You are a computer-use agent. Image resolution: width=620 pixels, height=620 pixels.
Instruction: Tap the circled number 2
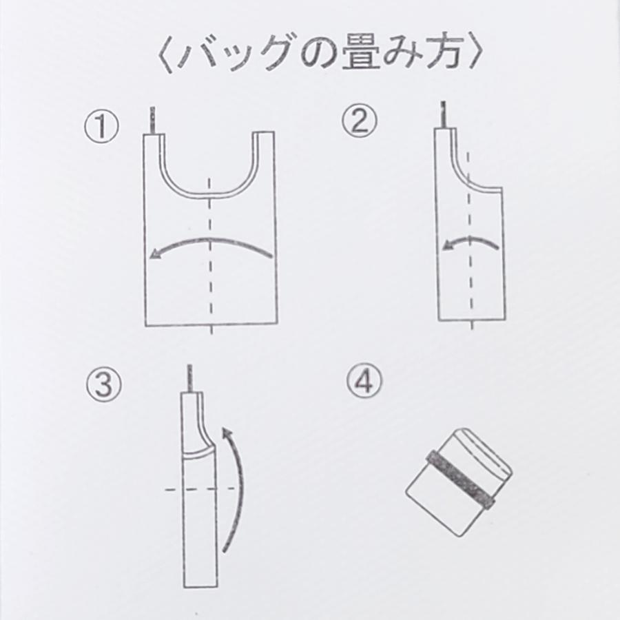pos(360,120)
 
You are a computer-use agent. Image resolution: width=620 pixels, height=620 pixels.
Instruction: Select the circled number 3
pos(103,384)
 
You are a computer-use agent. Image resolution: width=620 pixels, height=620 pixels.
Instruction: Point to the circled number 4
pos(364,381)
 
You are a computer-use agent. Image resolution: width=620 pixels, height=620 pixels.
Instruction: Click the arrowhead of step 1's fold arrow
pos(156,254)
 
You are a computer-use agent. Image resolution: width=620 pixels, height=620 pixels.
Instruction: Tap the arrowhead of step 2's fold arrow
pos(448,245)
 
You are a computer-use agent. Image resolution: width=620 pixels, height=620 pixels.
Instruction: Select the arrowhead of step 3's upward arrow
pos(226,433)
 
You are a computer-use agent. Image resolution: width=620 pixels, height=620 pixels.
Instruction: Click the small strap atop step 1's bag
pos(152,120)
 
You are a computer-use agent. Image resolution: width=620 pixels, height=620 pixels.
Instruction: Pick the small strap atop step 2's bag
pos(444,114)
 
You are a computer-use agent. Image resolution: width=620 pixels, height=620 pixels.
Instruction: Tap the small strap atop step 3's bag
pos(191,378)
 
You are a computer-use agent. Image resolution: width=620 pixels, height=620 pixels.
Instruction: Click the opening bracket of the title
pos(165,55)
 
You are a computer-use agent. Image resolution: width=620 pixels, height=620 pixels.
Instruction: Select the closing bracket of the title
pos(475,54)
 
